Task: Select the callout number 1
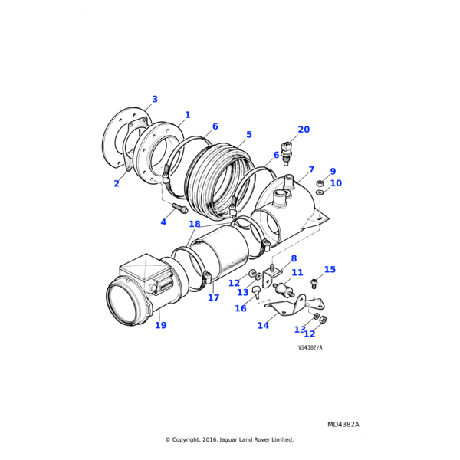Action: click(x=187, y=115)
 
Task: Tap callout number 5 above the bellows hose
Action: click(x=248, y=135)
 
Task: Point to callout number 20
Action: click(x=304, y=130)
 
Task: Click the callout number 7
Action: click(x=311, y=169)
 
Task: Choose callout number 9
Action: click(x=333, y=172)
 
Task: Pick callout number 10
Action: click(x=336, y=183)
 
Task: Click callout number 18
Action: click(x=195, y=225)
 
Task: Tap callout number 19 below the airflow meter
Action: click(x=160, y=325)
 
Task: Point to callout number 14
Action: click(x=263, y=325)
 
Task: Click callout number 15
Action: click(x=330, y=269)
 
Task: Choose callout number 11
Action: click(x=297, y=272)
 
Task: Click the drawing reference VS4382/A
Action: click(x=310, y=347)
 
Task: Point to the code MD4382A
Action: click(x=343, y=424)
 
